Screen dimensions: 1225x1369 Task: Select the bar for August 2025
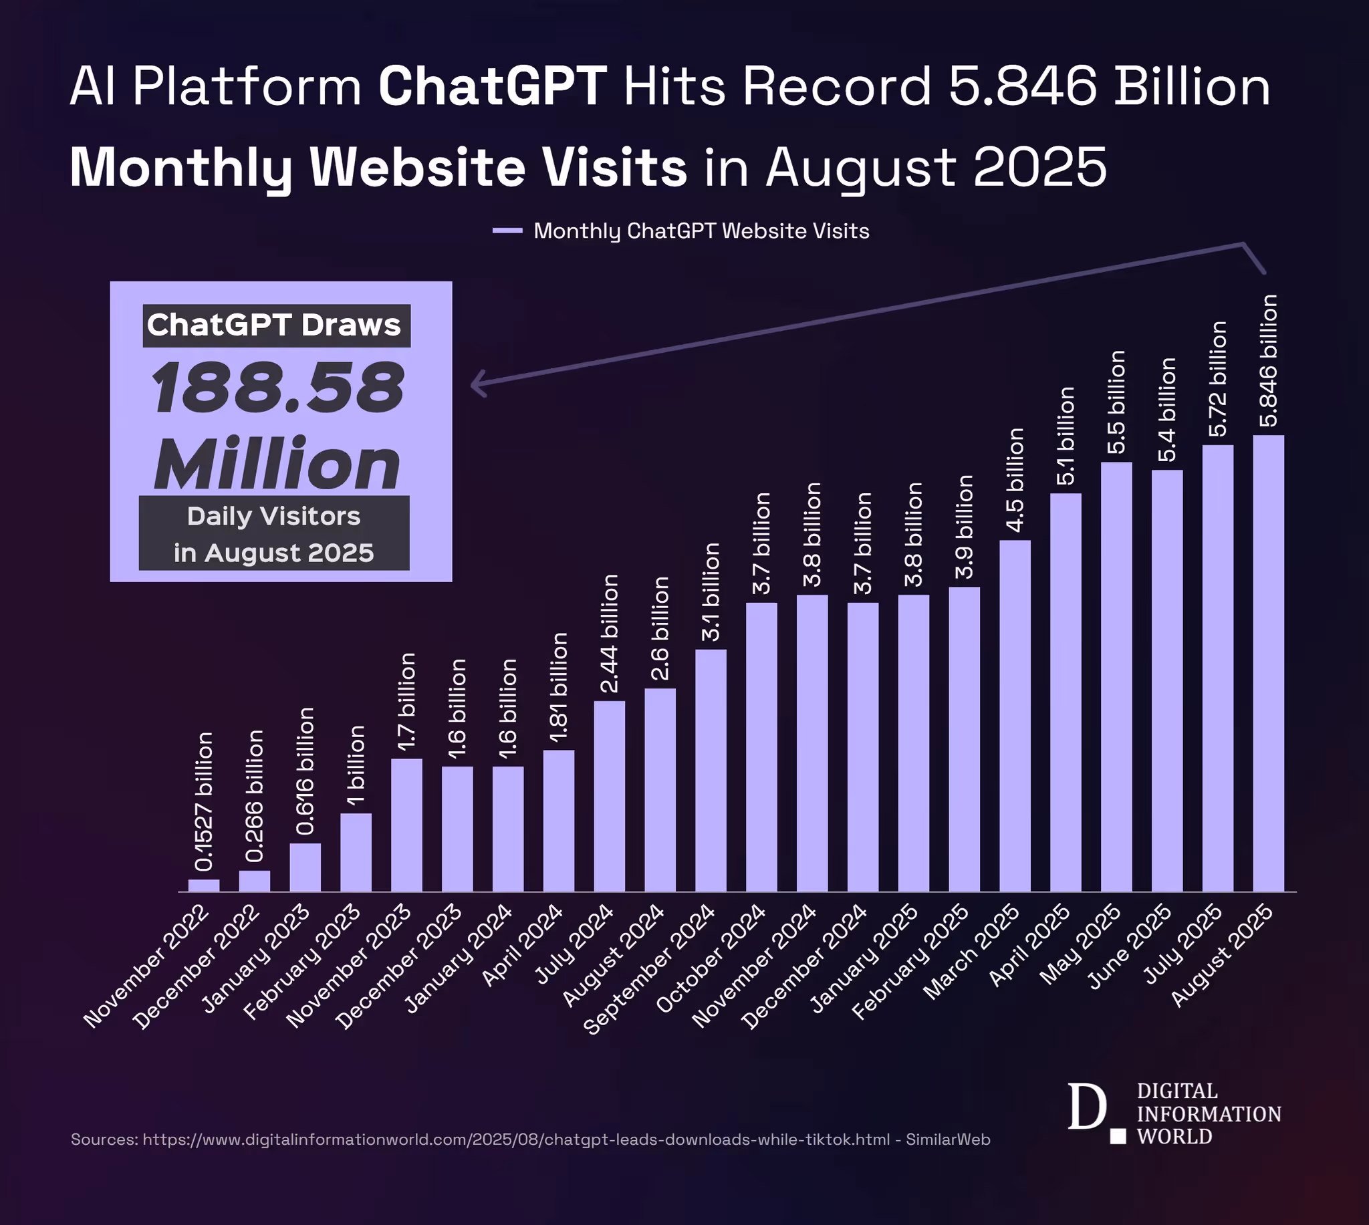(1268, 663)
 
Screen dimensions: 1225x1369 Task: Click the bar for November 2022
(203, 885)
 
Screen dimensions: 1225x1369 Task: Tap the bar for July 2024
(609, 796)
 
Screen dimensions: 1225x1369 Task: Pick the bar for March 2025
(1014, 716)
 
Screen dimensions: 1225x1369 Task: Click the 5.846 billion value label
(1268, 361)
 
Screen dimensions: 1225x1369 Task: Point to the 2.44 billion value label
(609, 634)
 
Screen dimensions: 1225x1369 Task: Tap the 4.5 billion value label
(1014, 479)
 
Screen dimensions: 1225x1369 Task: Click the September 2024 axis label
(650, 968)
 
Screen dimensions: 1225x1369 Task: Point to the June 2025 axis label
(1131, 946)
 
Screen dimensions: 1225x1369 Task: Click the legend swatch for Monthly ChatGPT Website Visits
(507, 231)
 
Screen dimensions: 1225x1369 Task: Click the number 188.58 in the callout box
(277, 388)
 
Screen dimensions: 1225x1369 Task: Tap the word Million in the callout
(277, 464)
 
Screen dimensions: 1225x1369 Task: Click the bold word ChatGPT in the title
(493, 86)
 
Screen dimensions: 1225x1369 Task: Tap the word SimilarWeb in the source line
(948, 1139)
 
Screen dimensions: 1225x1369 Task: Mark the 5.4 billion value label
(1166, 409)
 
